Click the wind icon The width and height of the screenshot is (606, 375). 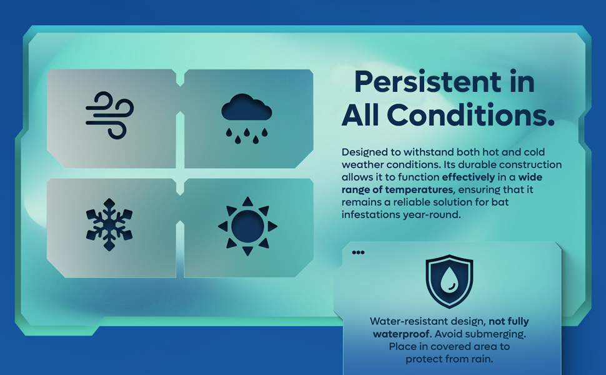pyautogui.click(x=110, y=116)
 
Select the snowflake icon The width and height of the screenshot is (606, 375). pyautogui.click(x=109, y=224)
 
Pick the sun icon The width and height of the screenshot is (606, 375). pyautogui.click(x=248, y=226)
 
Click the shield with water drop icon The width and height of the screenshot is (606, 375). pyautogui.click(x=449, y=281)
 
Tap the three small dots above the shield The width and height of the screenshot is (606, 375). pyautogui.click(x=358, y=253)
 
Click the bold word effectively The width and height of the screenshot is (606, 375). pyautogui.click(x=469, y=177)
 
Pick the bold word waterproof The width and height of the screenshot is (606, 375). pyautogui.click(x=402, y=334)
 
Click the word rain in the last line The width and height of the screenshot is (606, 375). pyautogui.click(x=482, y=359)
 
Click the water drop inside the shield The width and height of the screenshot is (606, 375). pyautogui.click(x=449, y=280)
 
